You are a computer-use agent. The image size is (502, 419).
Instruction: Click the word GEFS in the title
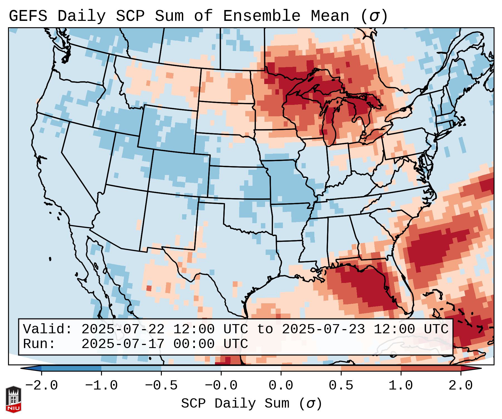[x=28, y=16]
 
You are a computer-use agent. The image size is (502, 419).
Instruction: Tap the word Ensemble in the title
[x=261, y=16]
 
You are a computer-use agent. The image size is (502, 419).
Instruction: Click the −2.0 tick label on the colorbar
[x=41, y=386]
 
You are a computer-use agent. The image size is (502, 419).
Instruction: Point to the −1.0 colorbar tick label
[x=101, y=386]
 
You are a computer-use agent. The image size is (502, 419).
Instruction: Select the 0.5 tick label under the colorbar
[x=341, y=386]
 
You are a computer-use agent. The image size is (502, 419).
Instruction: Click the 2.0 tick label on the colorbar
[x=461, y=386]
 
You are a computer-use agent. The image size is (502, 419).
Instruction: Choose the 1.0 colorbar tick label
[x=401, y=386]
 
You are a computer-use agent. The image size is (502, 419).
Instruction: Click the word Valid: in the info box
[x=48, y=329]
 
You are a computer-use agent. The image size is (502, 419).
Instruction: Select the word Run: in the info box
[x=39, y=344]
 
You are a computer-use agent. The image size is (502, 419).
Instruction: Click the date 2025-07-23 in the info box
[x=323, y=329]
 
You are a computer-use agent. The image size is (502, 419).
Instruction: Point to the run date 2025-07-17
[x=123, y=344]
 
